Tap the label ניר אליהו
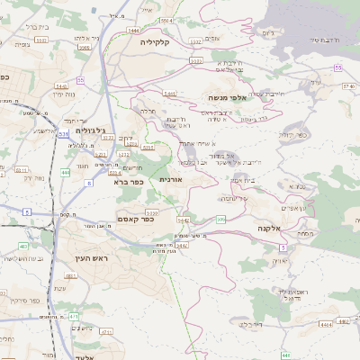82,40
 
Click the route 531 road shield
62,134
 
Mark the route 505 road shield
221,220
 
